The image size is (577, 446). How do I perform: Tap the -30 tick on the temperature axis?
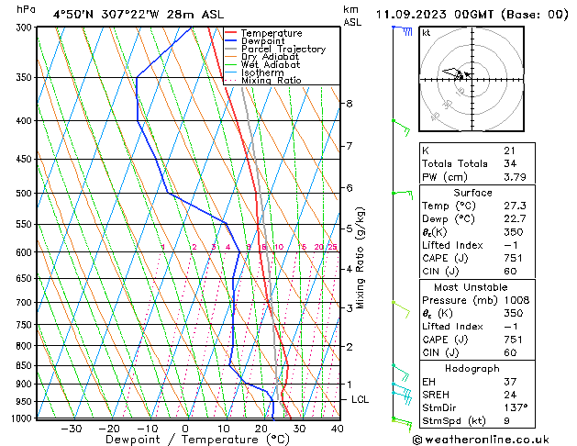pos(71,428)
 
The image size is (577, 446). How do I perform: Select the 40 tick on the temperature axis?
pos(337,428)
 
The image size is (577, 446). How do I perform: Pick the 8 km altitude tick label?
pos(349,104)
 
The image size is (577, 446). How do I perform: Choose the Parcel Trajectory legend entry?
pos(283,50)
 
